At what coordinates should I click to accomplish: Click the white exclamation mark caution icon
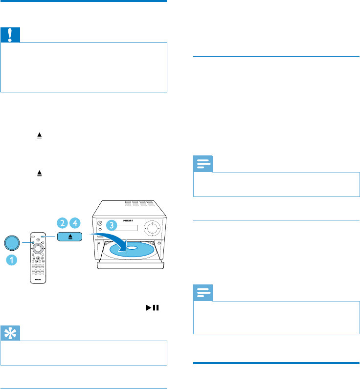coord(8,35)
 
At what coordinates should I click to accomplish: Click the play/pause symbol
coord(157,308)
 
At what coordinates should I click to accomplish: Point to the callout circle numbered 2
coord(63,223)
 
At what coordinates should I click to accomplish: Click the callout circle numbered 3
coord(112,225)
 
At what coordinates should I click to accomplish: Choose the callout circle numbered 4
coord(76,223)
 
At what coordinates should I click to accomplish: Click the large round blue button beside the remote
coord(13,242)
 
